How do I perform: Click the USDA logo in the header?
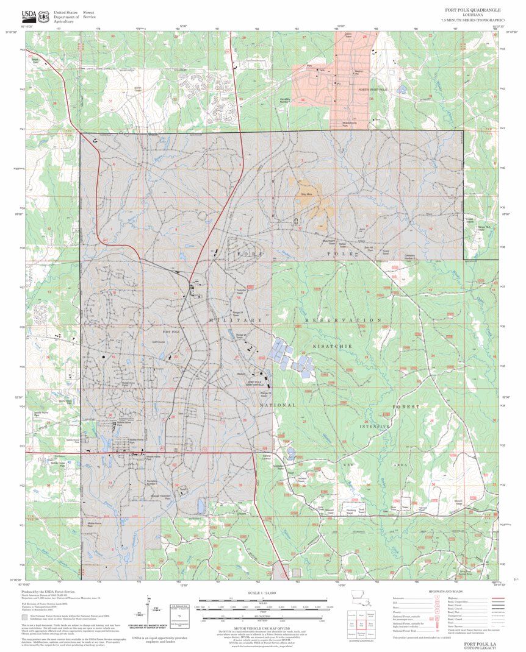tap(29, 15)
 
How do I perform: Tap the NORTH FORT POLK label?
tap(373, 90)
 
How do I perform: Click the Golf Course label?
tap(159, 342)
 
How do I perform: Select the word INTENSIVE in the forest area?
tap(374, 427)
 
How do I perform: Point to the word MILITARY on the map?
tap(236, 320)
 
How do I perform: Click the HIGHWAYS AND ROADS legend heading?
tap(445, 592)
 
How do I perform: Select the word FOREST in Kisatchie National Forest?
tap(406, 406)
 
